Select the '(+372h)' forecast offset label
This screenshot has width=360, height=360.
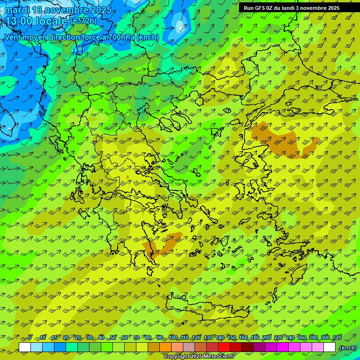(84, 21)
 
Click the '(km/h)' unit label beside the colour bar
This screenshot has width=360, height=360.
(348, 348)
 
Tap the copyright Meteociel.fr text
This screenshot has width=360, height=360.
(199, 357)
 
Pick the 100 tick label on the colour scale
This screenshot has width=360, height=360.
(173, 338)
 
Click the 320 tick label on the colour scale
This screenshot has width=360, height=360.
(337, 338)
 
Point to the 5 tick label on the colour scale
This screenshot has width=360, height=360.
(30, 338)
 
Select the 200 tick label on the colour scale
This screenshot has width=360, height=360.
(267, 338)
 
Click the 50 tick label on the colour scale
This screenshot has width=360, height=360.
(113, 338)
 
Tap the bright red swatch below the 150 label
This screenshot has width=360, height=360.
(224, 347)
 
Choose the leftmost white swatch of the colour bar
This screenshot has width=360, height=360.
(25, 347)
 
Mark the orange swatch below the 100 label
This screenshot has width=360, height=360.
(177, 347)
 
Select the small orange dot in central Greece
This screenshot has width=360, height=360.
(127, 177)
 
